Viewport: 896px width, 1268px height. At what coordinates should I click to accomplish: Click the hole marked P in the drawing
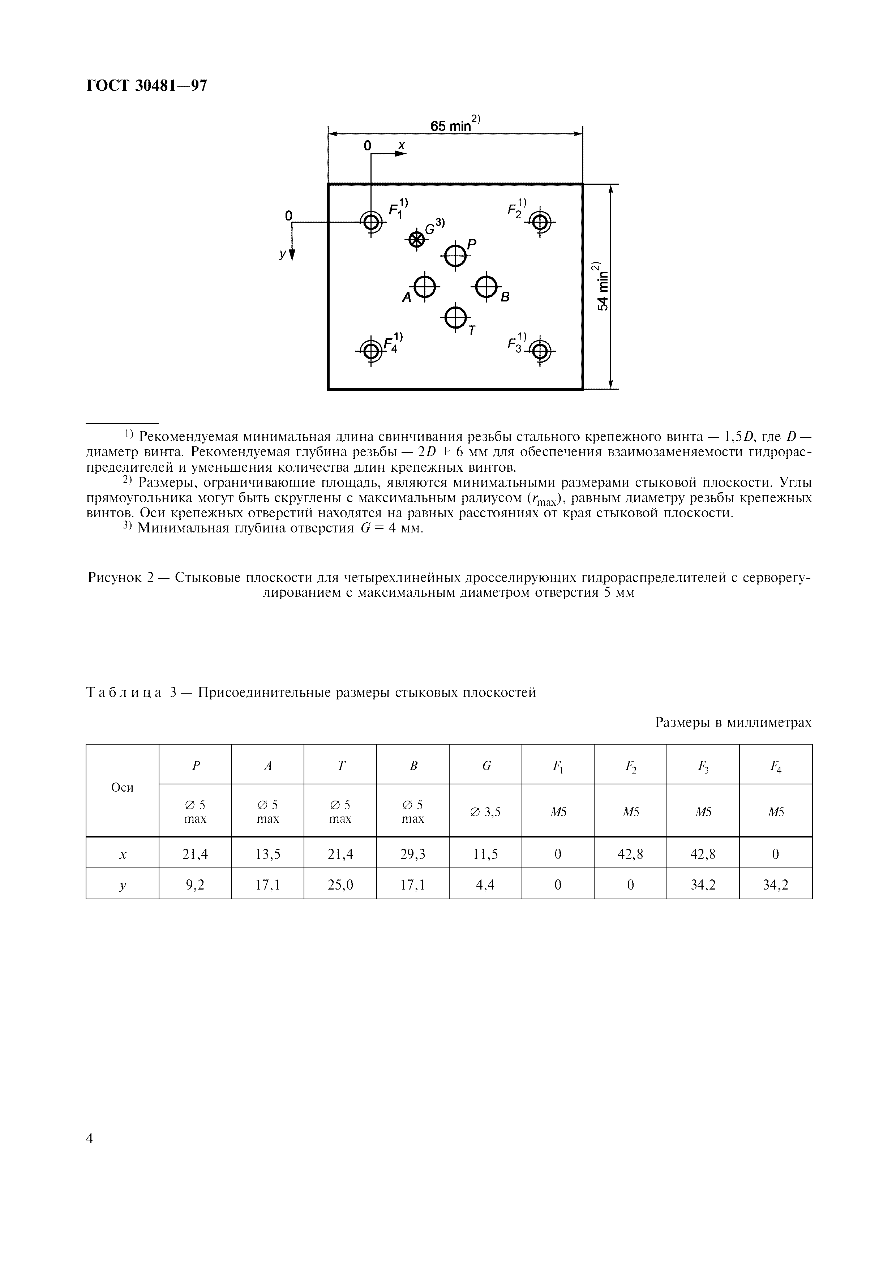[455, 255]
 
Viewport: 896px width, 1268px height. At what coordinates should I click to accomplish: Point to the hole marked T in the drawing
[455, 317]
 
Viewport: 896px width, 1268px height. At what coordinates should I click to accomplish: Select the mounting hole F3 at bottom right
[540, 350]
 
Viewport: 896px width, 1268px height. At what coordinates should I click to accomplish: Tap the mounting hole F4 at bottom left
[371, 350]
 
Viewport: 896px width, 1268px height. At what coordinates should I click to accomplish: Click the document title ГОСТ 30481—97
[147, 86]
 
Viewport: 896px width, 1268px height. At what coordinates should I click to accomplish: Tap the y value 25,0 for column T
[340, 885]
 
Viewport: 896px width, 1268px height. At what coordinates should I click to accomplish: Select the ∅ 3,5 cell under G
[485, 812]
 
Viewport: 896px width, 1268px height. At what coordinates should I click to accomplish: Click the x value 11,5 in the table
[485, 854]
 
